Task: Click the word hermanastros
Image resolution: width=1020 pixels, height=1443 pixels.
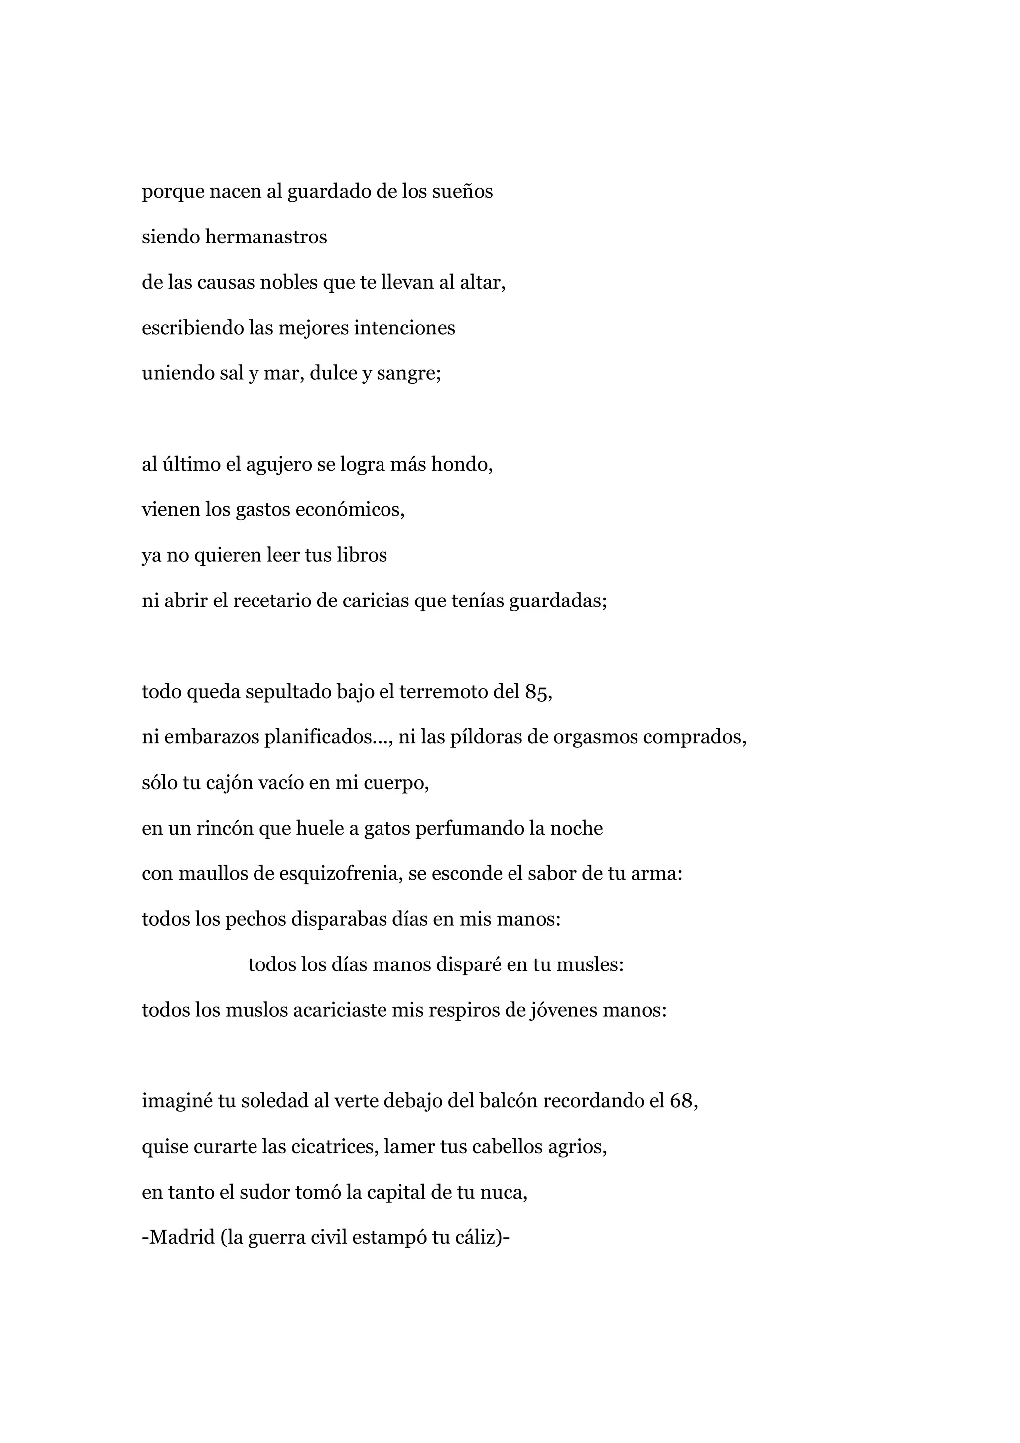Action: (x=266, y=237)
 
